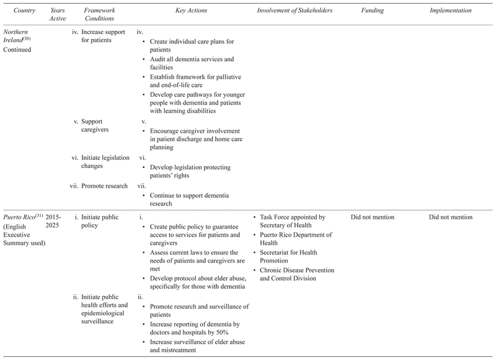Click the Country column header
[x=18, y=11]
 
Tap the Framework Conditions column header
[x=100, y=15]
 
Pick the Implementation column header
[x=450, y=11]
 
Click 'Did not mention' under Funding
[x=373, y=217]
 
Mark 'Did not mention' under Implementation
[x=450, y=217]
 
